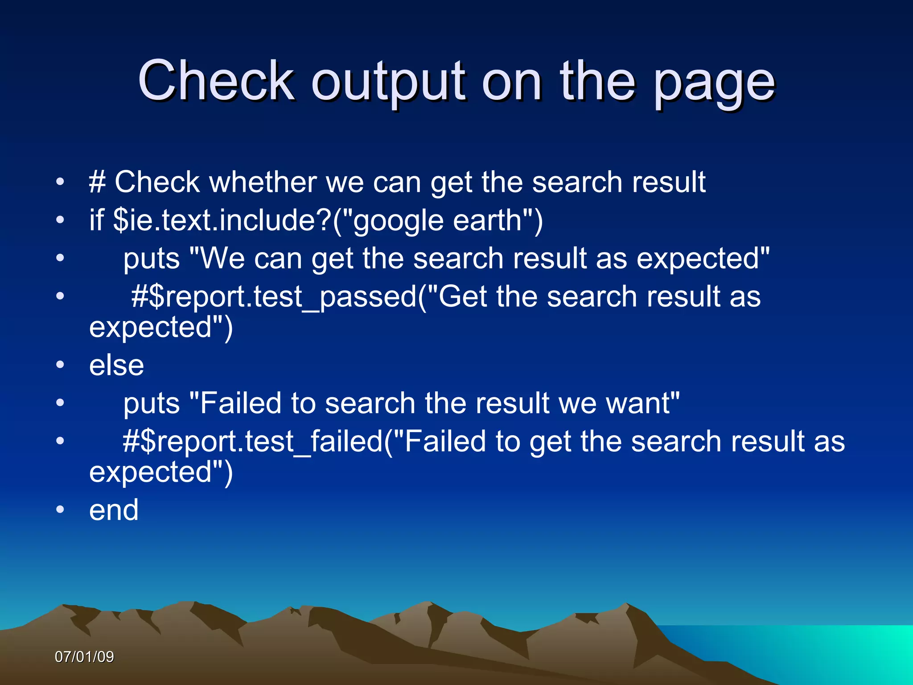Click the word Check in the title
[216, 81]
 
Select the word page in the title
[714, 85]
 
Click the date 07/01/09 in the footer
[84, 657]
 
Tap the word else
[116, 365]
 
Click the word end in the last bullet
[114, 510]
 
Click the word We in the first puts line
[222, 259]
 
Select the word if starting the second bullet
[96, 220]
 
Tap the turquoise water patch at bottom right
[847, 651]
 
